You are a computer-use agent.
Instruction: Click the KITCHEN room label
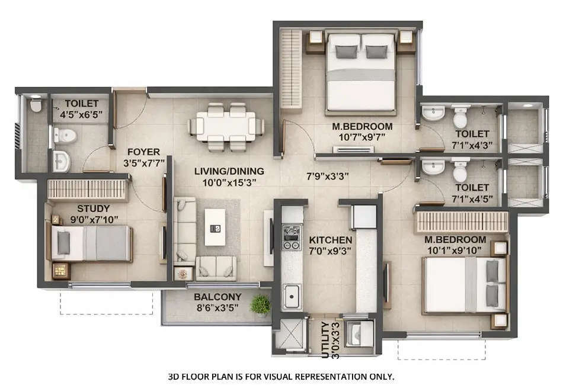(330, 240)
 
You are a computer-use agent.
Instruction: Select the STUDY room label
(93, 208)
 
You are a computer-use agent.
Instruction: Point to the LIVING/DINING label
(229, 172)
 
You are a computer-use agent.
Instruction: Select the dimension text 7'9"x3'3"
(327, 176)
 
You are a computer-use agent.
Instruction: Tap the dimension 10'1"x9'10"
(455, 250)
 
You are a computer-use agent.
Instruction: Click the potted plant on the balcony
(260, 306)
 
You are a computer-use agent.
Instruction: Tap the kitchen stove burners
(291, 237)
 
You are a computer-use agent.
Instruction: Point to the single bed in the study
(91, 243)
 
